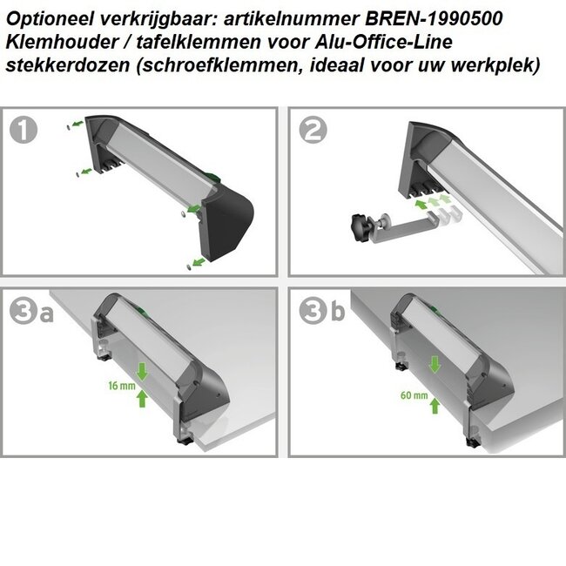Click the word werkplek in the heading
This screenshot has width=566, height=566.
[507, 66]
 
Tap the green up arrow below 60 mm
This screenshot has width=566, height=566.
[434, 405]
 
